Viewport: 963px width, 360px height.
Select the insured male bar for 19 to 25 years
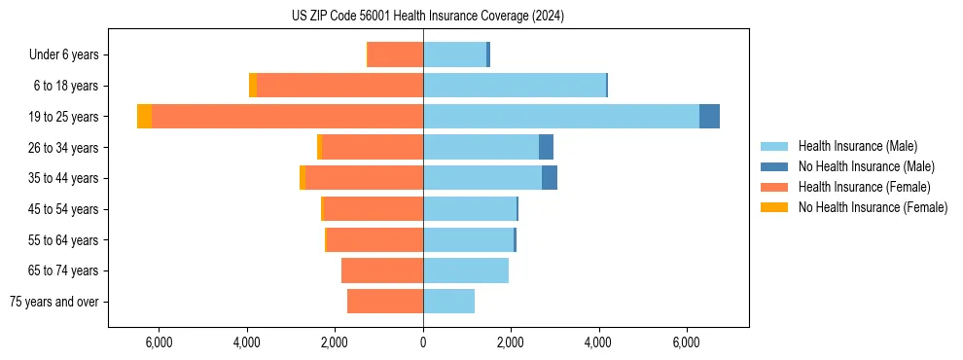[560, 117]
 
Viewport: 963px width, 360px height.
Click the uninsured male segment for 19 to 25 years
[709, 117]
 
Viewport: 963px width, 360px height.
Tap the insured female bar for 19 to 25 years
[287, 117]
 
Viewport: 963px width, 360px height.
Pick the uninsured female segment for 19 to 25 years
[144, 117]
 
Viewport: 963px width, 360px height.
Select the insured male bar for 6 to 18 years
[515, 86]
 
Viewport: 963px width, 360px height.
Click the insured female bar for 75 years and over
[385, 302]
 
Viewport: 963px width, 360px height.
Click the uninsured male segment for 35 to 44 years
[550, 178]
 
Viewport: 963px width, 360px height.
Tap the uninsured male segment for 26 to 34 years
[546, 147]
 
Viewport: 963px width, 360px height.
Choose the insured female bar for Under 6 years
[395, 54]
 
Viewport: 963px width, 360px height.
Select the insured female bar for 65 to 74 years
[382, 270]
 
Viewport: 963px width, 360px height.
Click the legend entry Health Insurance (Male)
[857, 146]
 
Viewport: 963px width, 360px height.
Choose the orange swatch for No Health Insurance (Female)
[774, 207]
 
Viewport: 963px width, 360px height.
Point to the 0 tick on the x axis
[423, 342]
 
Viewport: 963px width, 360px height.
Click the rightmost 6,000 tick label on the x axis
[687, 342]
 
